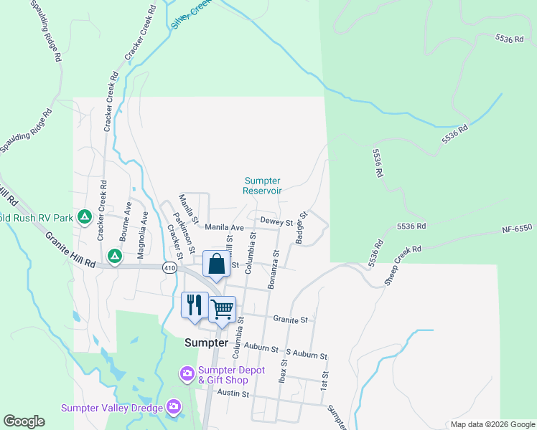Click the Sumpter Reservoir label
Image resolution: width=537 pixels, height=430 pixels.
coord(262,186)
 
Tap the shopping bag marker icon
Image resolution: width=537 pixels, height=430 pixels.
coord(216,264)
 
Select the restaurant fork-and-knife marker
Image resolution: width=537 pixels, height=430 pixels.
coord(194,305)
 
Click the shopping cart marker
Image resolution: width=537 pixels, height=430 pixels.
coord(222,310)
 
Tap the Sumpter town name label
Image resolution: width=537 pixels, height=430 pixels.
coord(206,343)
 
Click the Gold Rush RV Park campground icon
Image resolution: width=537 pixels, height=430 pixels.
coord(85,216)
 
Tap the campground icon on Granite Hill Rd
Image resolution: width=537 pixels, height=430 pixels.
coord(114,255)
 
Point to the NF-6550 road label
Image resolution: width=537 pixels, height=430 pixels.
coord(517,228)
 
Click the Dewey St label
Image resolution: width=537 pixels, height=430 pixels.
coord(276,221)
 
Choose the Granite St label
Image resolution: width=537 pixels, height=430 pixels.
coord(290,319)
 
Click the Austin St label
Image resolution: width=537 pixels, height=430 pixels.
coord(234,393)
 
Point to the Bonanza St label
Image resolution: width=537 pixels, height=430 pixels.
coord(274,269)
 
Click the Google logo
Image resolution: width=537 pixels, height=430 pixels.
coord(24,421)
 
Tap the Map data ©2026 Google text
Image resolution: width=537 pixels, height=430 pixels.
coord(492,424)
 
